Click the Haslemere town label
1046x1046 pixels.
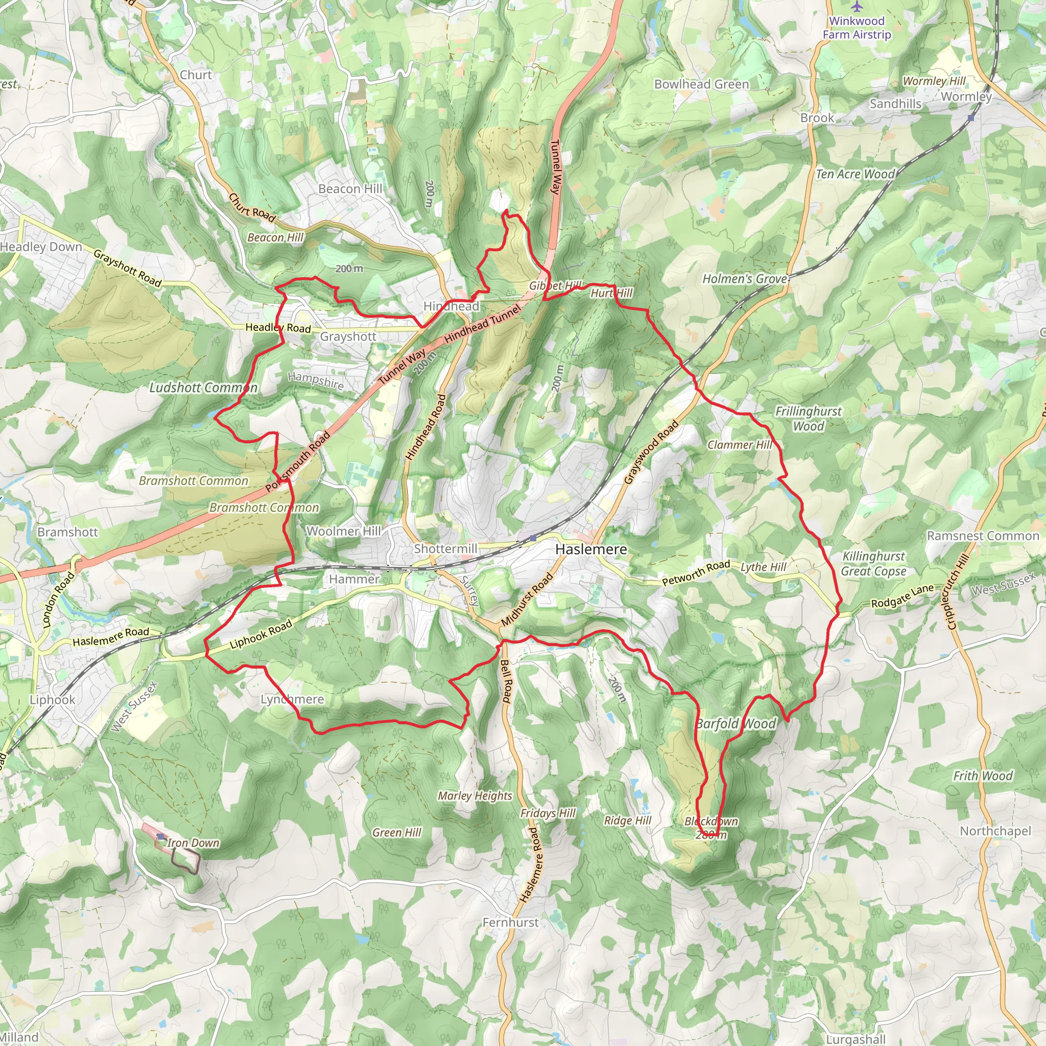coord(591,549)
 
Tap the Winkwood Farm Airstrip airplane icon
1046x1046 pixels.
coord(856,7)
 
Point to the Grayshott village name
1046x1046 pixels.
coord(348,336)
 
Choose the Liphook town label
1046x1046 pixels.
coord(53,700)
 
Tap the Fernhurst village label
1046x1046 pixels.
coord(510,922)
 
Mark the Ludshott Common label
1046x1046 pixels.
coord(203,388)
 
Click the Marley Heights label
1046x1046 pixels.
coord(475,795)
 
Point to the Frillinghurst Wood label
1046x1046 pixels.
coord(808,418)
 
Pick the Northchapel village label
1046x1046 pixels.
coord(995,830)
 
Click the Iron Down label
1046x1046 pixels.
coord(193,842)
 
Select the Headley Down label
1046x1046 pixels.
coord(41,247)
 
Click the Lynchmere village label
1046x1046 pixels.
coord(292,699)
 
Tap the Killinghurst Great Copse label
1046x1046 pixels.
coord(873,564)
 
